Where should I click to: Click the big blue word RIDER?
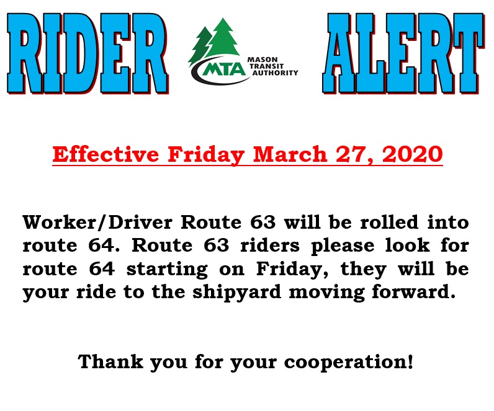coord(88,53)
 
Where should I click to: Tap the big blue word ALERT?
coord(403,53)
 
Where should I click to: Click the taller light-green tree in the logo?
coord(223,39)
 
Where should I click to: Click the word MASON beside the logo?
coord(263,60)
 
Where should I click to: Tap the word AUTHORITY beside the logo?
coord(275,73)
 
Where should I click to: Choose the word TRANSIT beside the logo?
coord(266,66)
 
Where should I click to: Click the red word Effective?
coord(106,154)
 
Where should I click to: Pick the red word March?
coord(290,154)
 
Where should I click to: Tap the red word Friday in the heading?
coord(206,155)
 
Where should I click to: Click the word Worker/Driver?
coord(97,222)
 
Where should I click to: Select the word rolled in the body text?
coord(389,222)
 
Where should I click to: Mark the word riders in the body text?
coord(270,245)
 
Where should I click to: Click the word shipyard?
coord(237,293)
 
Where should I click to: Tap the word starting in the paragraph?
coord(167,270)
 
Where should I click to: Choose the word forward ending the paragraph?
coord(414,292)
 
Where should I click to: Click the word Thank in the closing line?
coord(110,361)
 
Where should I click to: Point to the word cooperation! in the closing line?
coord(349,362)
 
